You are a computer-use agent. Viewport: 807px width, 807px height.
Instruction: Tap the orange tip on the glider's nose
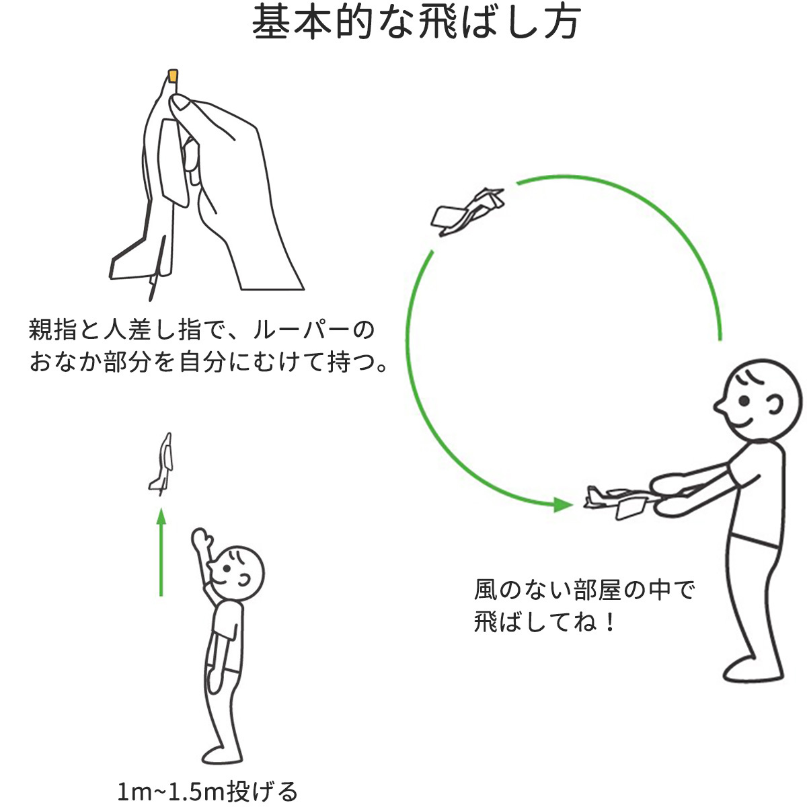point(173,75)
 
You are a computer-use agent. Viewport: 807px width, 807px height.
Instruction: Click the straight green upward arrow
point(161,551)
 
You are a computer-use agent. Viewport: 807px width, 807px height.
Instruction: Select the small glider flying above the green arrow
point(162,463)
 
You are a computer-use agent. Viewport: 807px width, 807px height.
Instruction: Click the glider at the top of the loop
point(469,210)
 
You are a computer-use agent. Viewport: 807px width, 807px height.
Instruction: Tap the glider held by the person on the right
point(615,500)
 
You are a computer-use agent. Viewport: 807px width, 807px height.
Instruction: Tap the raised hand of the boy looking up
point(200,540)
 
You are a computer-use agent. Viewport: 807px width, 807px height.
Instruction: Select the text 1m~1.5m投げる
point(207,791)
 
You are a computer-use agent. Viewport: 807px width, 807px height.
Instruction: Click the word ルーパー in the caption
point(303,330)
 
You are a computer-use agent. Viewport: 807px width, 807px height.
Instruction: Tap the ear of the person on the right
point(775,406)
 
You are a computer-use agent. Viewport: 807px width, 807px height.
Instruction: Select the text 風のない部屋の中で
point(584,590)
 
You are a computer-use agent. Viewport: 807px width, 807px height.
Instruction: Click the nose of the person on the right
point(718,407)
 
